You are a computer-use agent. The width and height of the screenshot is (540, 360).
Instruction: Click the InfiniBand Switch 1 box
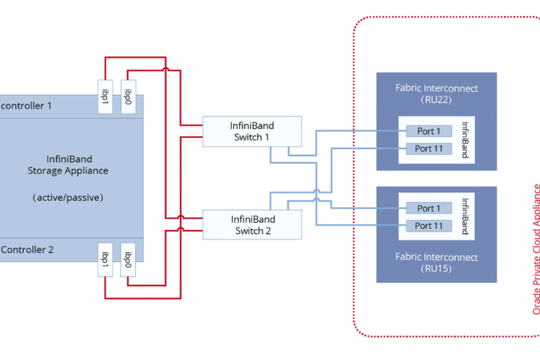[252, 131]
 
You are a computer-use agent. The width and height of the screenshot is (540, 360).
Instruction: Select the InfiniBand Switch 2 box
[252, 225]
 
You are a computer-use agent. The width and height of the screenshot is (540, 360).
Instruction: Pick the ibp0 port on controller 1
[129, 96]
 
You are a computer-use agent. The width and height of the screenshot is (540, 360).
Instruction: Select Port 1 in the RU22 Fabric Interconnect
[427, 131]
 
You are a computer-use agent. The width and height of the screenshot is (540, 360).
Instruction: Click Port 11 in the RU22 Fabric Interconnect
[427, 148]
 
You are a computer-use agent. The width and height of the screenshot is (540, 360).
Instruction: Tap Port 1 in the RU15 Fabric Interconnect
[427, 208]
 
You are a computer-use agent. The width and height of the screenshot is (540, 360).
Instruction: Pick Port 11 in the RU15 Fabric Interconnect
[427, 226]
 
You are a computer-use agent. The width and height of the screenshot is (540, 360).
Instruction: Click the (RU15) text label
[437, 269]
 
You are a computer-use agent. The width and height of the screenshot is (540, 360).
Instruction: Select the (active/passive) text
[68, 198]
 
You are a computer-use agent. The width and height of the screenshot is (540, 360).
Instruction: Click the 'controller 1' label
[27, 105]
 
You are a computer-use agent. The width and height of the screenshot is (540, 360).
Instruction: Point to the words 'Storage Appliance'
[68, 170]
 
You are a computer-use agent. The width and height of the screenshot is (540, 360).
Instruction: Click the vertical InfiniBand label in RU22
[465, 139]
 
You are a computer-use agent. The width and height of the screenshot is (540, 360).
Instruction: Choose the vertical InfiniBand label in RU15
[465, 216]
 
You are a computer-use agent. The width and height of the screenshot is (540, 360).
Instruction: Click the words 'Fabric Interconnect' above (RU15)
[437, 257]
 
